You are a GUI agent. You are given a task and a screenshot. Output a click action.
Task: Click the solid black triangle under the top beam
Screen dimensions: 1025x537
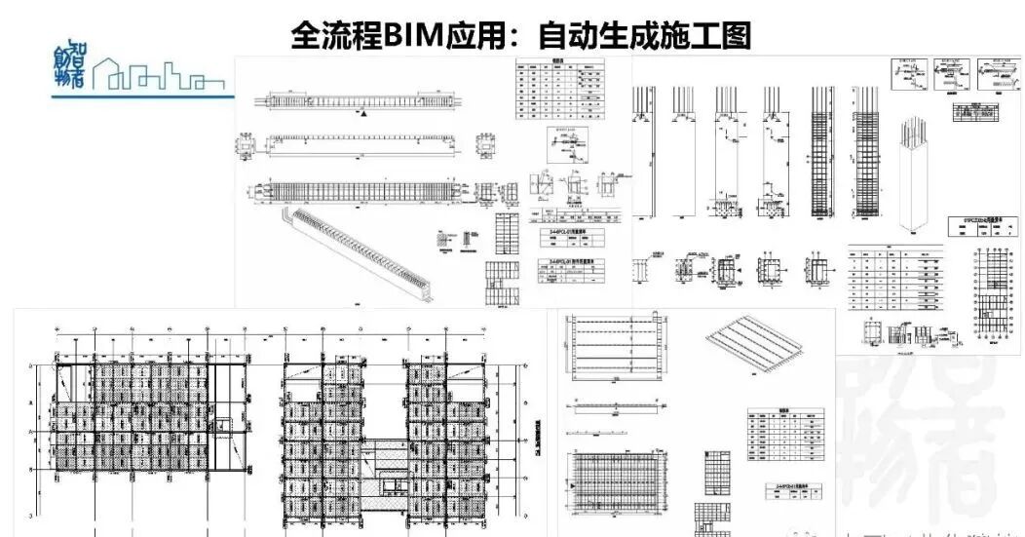pos(364,114)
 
